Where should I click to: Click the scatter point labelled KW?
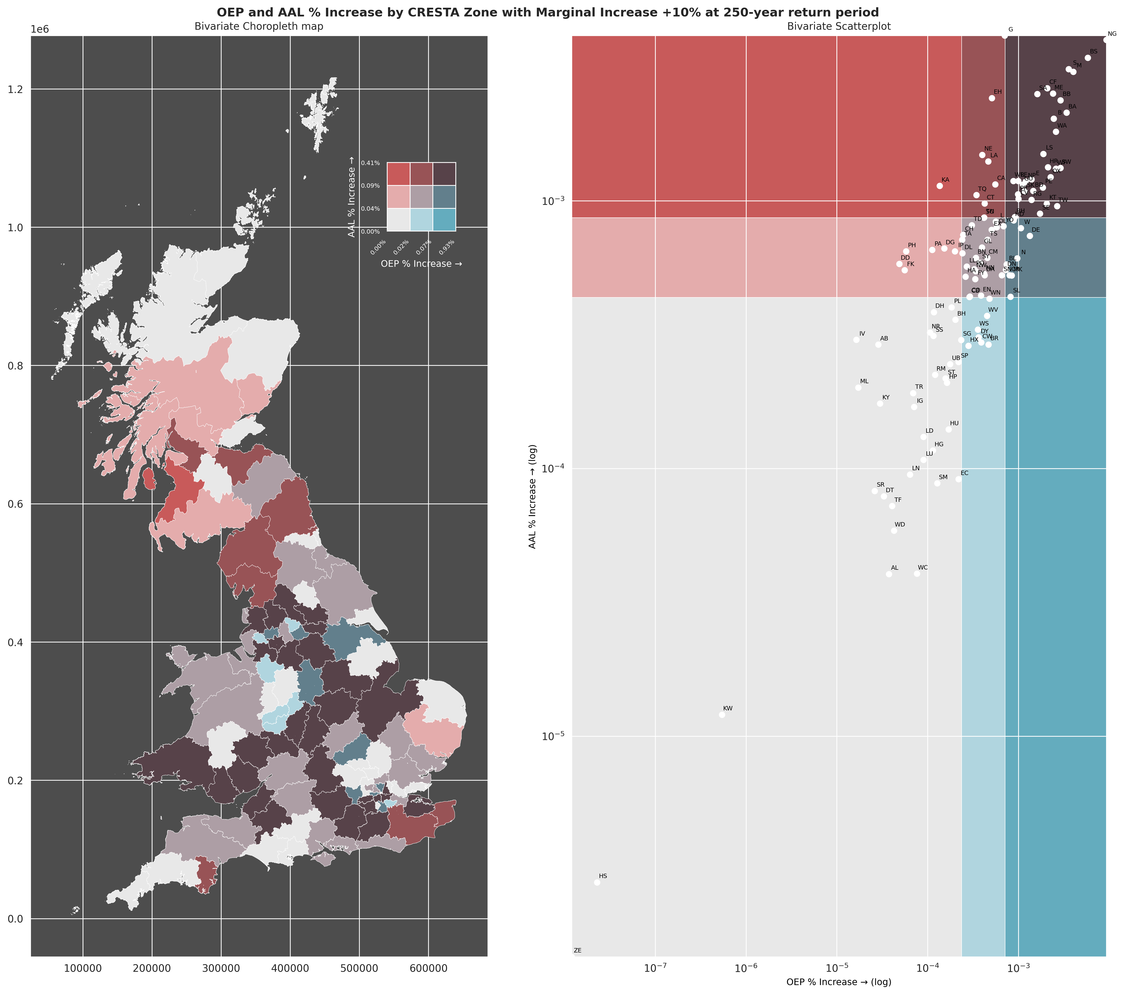point(722,715)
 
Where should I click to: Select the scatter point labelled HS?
point(597,882)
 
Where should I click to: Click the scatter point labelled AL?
point(889,574)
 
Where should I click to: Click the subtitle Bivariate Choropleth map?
point(259,26)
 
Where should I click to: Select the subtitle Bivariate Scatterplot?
point(839,26)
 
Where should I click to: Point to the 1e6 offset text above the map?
point(40,29)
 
